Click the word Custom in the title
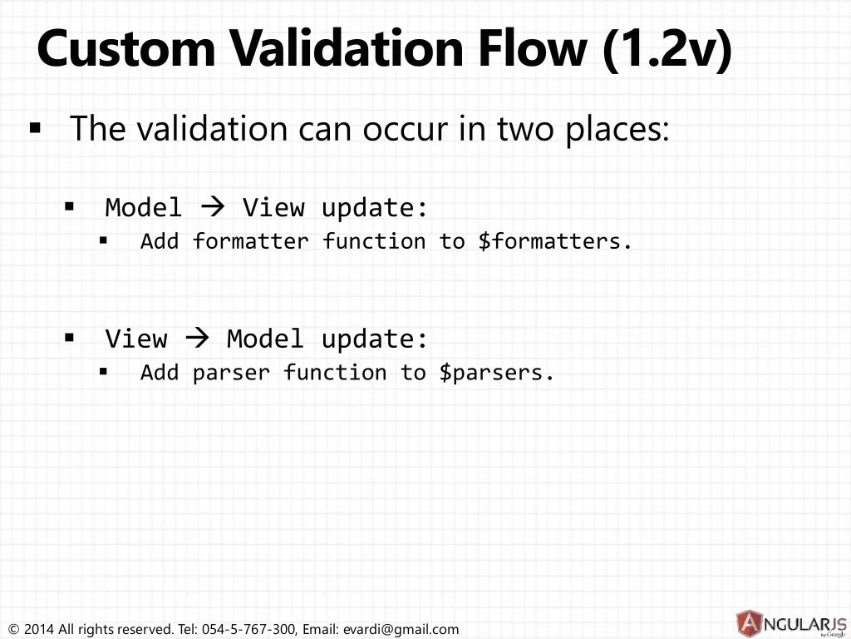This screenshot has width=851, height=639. click(x=126, y=48)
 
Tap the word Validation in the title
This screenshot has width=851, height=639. click(x=347, y=48)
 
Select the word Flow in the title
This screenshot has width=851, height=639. click(x=534, y=48)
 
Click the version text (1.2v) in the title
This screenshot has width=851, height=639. click(x=668, y=50)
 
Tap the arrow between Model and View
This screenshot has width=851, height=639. click(x=212, y=207)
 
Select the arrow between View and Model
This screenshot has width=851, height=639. click(x=197, y=339)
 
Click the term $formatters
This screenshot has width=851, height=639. click(x=554, y=241)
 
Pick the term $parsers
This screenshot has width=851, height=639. click(x=496, y=373)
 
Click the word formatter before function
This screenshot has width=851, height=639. click(x=251, y=241)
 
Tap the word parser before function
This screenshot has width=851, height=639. click(x=231, y=374)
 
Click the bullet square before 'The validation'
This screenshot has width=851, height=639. click(x=35, y=128)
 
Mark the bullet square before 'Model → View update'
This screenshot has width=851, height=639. click(x=69, y=206)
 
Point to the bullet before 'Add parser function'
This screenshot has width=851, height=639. click(x=104, y=372)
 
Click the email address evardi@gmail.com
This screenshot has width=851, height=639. click(x=401, y=629)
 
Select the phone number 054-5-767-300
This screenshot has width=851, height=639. click(x=249, y=629)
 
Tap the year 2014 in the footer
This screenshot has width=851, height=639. click(x=39, y=629)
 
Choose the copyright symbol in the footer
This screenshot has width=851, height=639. click(x=14, y=630)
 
